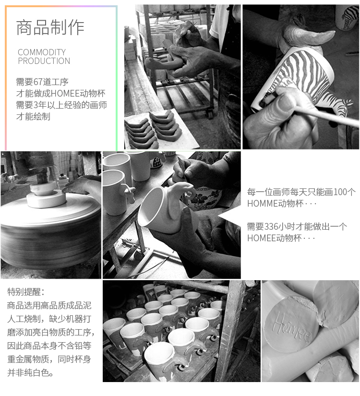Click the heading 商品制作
click(50, 27)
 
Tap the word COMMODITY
click(42, 52)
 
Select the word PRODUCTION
click(44, 61)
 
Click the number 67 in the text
click(38, 82)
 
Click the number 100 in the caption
click(340, 192)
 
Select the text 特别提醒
click(24, 292)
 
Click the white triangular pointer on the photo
click(229, 216)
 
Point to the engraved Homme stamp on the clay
click(292, 328)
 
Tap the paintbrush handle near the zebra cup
click(325, 116)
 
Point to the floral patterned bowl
click(204, 199)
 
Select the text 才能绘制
click(33, 116)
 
